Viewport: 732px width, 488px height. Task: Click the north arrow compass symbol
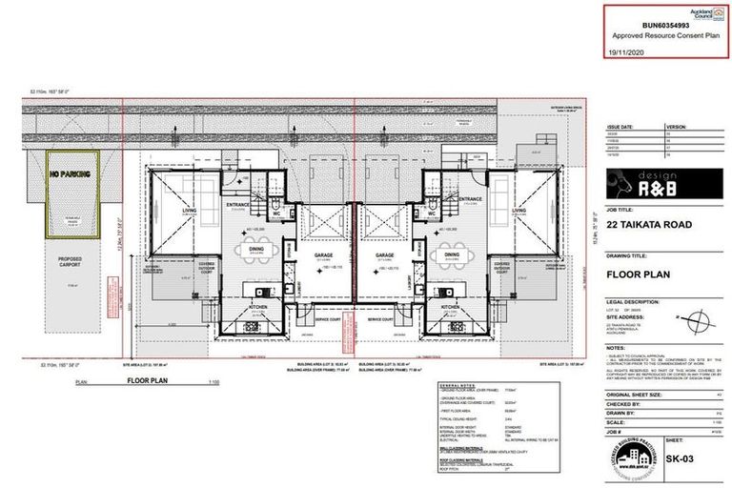tap(700, 319)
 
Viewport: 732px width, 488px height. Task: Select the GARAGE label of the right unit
tap(385, 256)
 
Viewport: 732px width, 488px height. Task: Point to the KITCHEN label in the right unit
tap(451, 307)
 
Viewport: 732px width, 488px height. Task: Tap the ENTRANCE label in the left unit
tap(236, 201)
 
